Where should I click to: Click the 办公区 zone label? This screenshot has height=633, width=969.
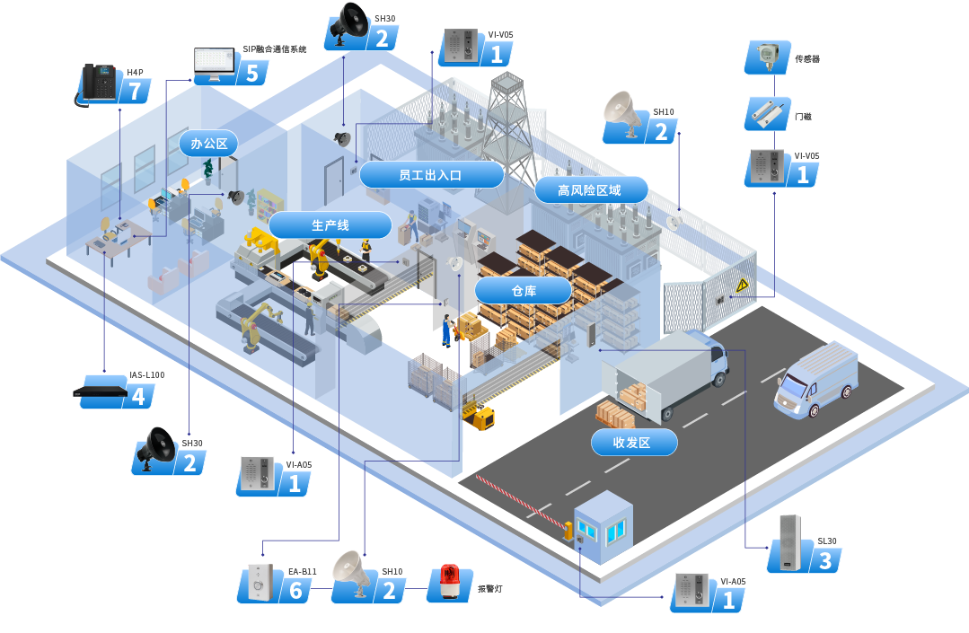pos(209,143)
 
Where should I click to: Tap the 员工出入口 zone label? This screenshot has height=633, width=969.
pos(430,175)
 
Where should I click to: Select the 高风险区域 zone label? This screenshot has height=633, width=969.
pos(590,190)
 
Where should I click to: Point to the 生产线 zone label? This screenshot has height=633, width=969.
pos(330,225)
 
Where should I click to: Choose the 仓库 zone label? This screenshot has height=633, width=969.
pos(523,290)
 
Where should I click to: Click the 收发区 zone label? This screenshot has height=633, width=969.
pos(632,442)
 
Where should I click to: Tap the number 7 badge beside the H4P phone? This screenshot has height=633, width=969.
pos(135,92)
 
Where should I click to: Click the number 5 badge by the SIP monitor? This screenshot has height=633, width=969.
pos(251,73)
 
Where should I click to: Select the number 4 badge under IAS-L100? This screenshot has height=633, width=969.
pos(137,396)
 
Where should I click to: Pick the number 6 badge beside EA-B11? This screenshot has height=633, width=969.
pos(296,591)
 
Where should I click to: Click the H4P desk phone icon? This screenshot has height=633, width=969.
pos(95,84)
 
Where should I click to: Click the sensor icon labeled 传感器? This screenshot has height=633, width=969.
pos(765,56)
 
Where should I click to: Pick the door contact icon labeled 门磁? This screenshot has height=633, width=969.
pos(767,114)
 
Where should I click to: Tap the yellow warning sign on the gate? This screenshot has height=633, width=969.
pos(742,286)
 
